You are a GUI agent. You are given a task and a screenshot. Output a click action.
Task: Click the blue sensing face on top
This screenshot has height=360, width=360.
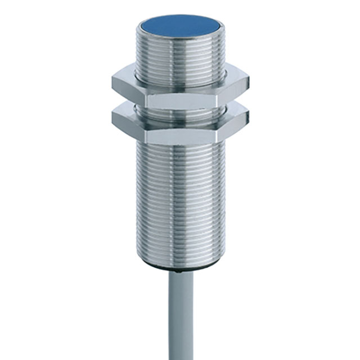(x=180, y=26)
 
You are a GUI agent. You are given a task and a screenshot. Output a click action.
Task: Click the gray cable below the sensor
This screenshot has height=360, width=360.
(x=180, y=315)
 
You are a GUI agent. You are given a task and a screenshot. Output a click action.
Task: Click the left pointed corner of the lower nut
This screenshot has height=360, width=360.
(x=112, y=116)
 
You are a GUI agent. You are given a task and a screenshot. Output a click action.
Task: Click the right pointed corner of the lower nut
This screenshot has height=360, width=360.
(x=248, y=116)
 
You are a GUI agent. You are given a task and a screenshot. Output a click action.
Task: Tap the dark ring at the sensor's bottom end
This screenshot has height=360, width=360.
(x=180, y=264)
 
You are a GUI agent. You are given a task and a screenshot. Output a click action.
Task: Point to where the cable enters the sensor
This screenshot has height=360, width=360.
(x=180, y=269)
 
